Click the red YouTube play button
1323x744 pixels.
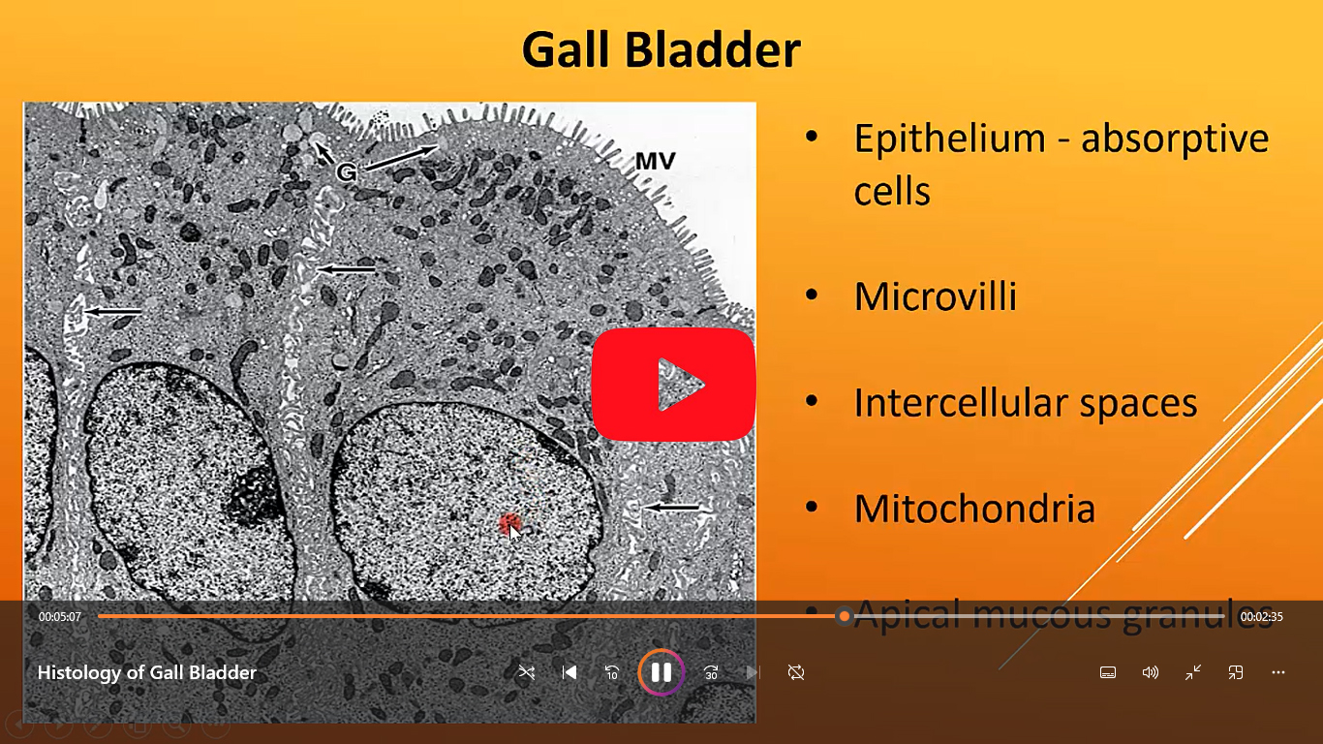click(673, 385)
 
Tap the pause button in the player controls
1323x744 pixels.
click(661, 672)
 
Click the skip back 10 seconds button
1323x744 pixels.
click(611, 672)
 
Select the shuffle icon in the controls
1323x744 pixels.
click(526, 672)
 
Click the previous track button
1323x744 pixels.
click(569, 672)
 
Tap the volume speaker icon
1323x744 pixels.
click(1150, 672)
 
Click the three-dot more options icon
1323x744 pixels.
click(1278, 672)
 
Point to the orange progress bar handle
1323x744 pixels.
click(845, 616)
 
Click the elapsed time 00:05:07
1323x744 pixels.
click(60, 616)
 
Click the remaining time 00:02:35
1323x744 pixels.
click(1262, 616)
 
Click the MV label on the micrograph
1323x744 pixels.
click(655, 161)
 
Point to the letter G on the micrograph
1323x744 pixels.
click(346, 172)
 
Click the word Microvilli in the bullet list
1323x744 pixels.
click(936, 296)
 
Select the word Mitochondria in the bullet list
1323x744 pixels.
click(974, 509)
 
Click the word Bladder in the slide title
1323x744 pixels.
click(713, 49)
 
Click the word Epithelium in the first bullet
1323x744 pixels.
click(950, 139)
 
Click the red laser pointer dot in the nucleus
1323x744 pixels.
click(509, 523)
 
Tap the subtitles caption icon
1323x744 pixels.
click(1108, 672)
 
